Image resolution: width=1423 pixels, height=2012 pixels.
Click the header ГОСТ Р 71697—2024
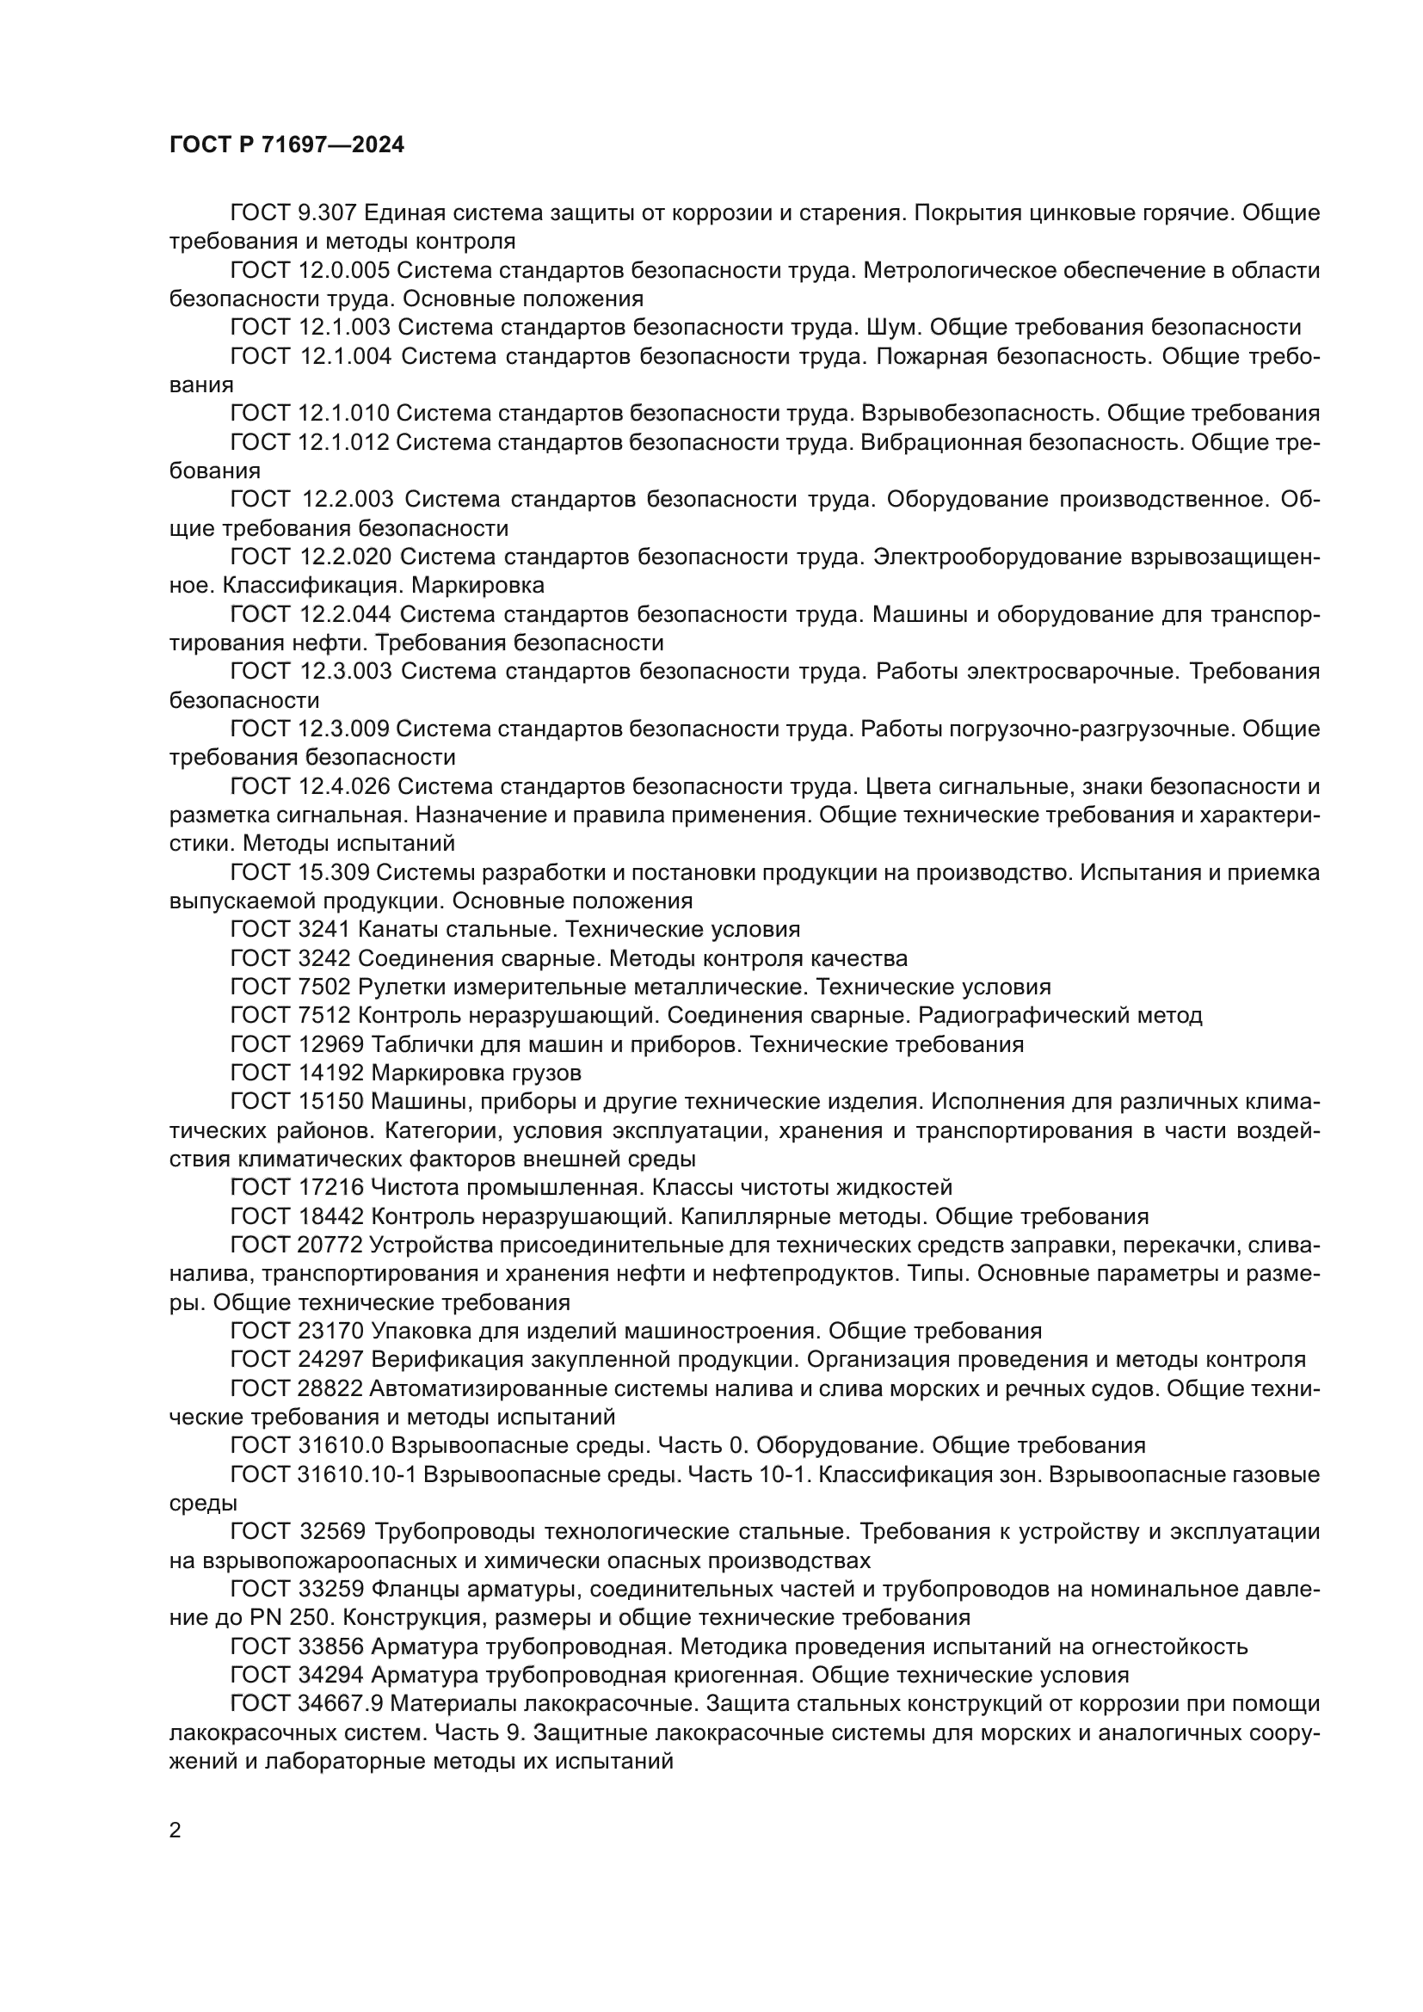[x=286, y=145]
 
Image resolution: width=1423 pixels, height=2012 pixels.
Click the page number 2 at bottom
[x=176, y=1830]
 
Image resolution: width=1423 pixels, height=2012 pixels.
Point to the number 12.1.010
[x=343, y=414]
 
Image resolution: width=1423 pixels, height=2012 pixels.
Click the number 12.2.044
[x=345, y=615]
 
